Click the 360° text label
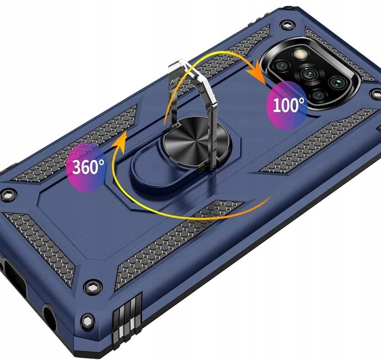[88, 167]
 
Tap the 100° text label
[288, 105]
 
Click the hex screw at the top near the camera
[288, 24]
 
